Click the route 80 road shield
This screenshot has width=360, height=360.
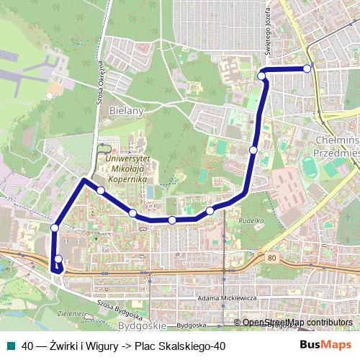coord(271,257)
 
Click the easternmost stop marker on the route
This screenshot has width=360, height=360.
coord(307,68)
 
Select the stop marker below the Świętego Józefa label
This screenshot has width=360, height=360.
coord(262,75)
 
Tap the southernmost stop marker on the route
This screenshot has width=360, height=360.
coord(58,259)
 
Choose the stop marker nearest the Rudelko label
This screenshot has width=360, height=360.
coord(210,210)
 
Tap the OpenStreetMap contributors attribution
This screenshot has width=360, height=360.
coord(296,322)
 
